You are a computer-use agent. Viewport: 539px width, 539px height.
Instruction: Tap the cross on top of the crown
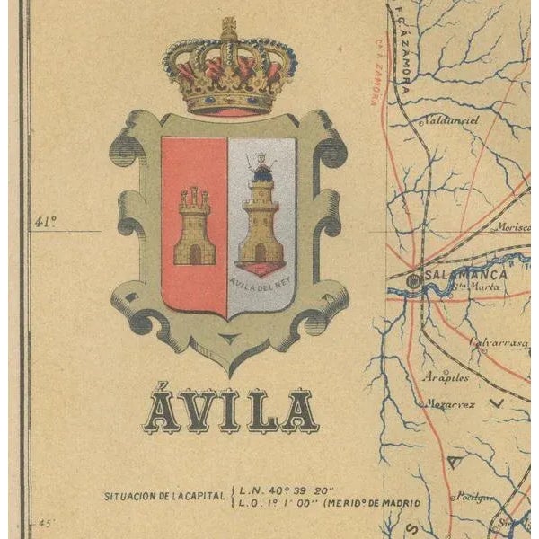tap(229, 23)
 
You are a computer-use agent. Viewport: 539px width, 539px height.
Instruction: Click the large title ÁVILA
tap(231, 411)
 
